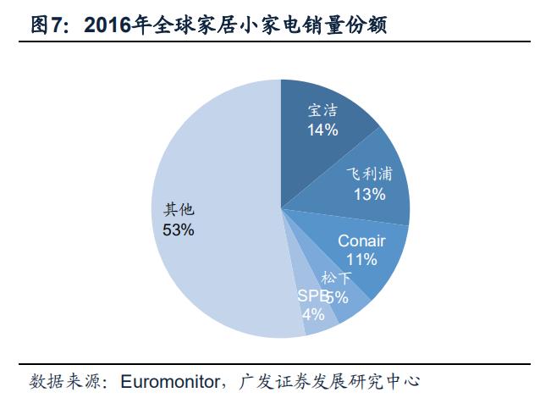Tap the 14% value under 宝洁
[x=322, y=130]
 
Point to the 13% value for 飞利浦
[x=370, y=195]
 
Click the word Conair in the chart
[x=361, y=241]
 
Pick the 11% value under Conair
[x=361, y=260]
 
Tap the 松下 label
[x=335, y=278]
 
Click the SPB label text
[x=311, y=296]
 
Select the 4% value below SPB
[x=312, y=314]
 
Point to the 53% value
[x=179, y=229]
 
